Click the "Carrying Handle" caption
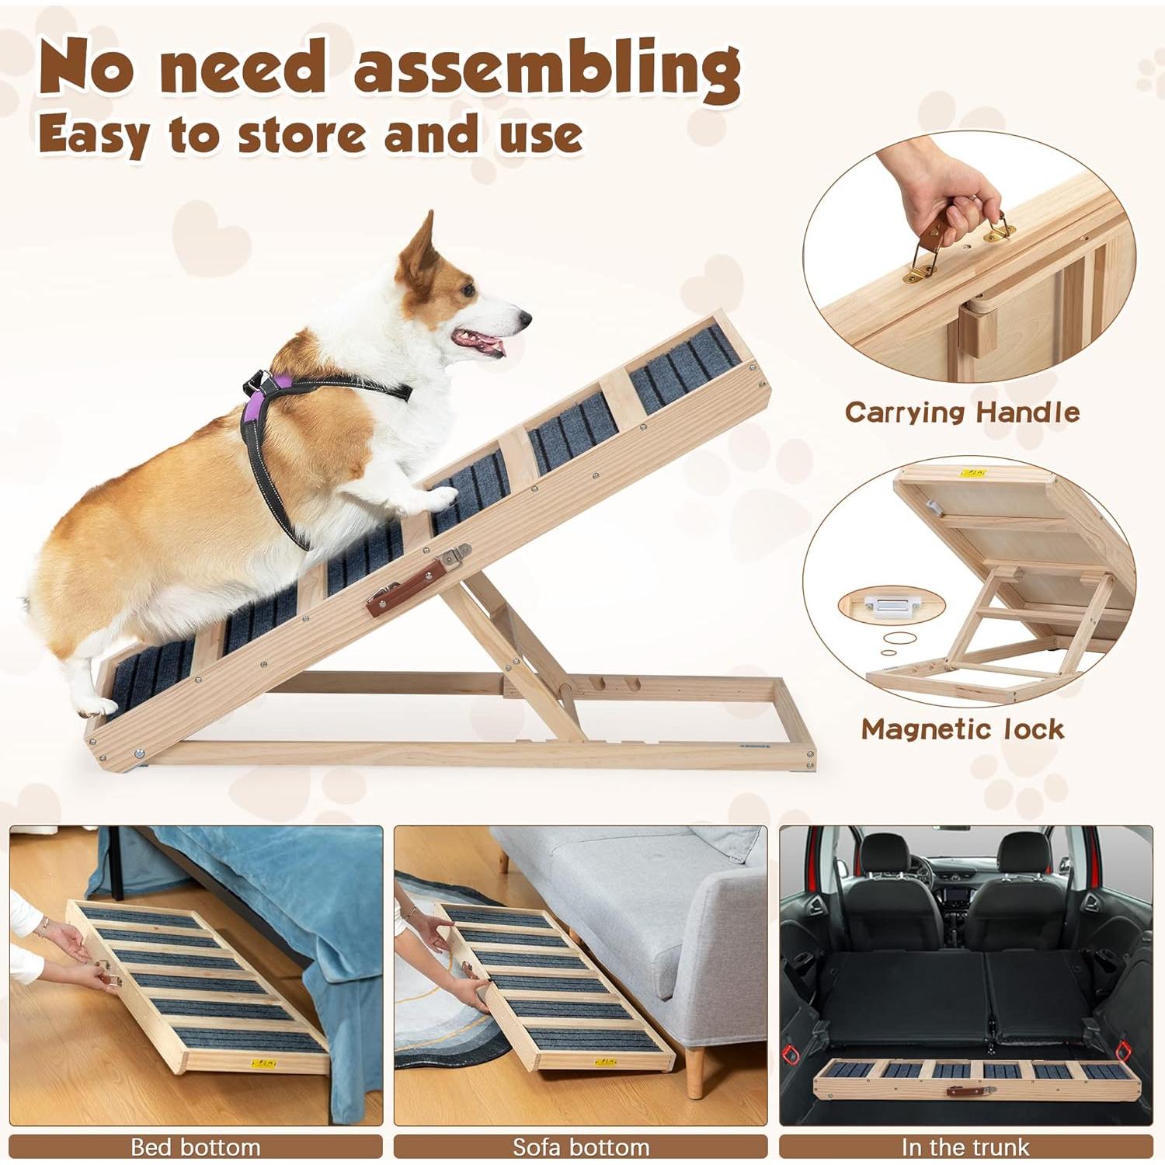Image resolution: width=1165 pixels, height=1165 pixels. [962, 412]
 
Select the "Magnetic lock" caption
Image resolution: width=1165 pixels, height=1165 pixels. [962, 729]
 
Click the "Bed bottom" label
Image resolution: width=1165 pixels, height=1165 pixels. [195, 1146]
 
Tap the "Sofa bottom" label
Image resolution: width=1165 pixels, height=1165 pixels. [580, 1146]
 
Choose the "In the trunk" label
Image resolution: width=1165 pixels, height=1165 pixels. [965, 1146]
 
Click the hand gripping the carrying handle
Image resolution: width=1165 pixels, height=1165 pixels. [933, 194]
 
